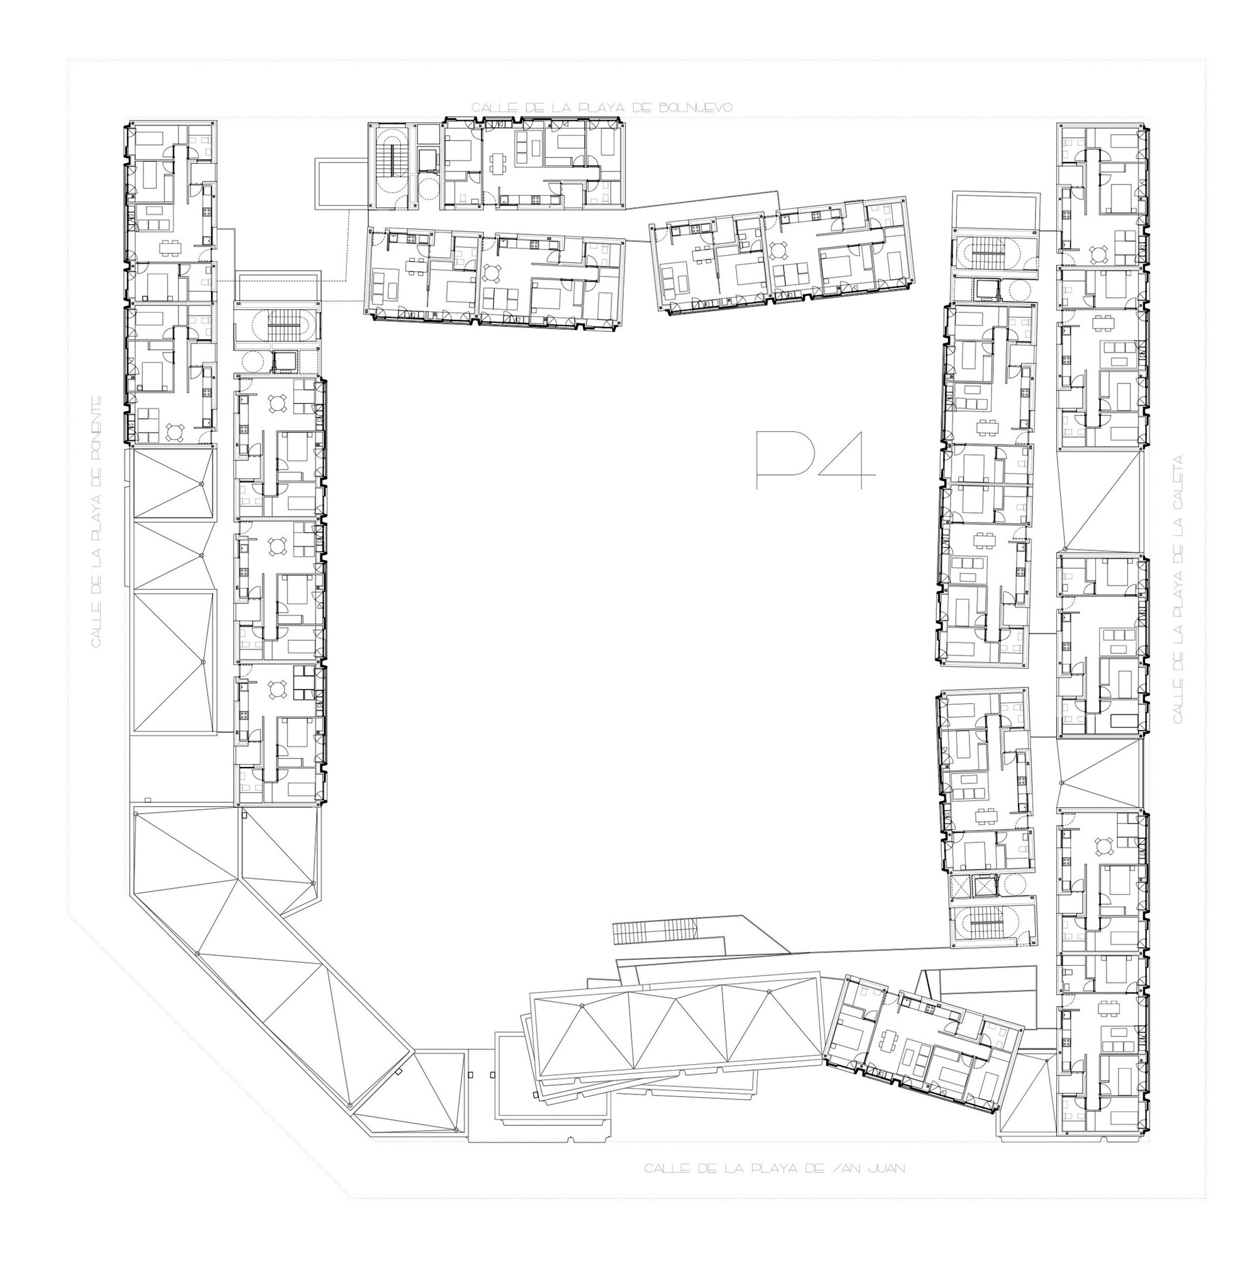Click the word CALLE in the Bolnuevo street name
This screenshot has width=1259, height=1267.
[x=494, y=108]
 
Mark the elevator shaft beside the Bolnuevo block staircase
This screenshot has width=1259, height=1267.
[x=429, y=160]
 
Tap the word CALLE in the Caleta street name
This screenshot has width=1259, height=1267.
[x=1178, y=700]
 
